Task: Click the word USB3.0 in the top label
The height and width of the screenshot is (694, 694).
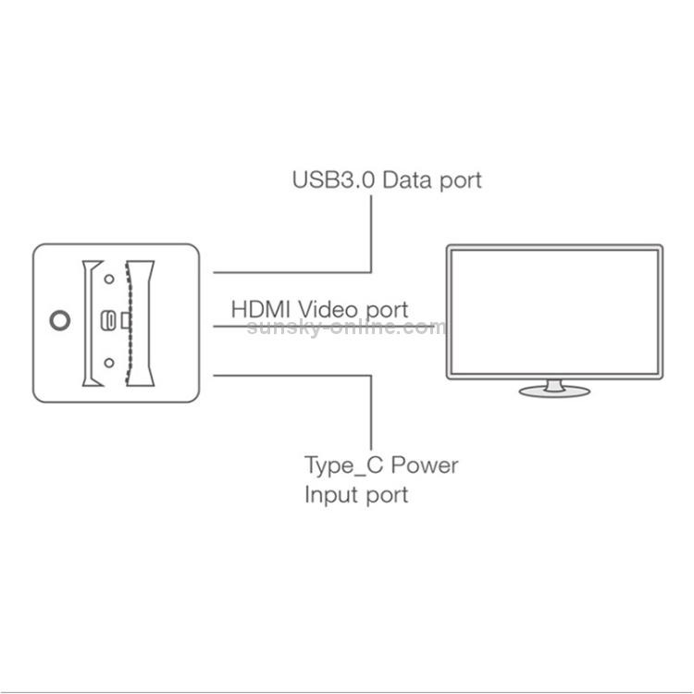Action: pyautogui.click(x=334, y=180)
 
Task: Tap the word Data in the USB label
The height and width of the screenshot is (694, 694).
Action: pyautogui.click(x=407, y=180)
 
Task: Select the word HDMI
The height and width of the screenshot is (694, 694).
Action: pyautogui.click(x=261, y=309)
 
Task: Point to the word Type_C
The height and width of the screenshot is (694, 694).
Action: pyautogui.click(x=344, y=465)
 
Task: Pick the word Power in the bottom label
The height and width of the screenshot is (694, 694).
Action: pyautogui.click(x=425, y=465)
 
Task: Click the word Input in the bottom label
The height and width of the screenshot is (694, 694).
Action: pyautogui.click(x=328, y=495)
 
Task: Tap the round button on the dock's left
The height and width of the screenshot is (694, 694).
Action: pyautogui.click(x=60, y=320)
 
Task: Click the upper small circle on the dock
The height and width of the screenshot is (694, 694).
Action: pyautogui.click(x=109, y=279)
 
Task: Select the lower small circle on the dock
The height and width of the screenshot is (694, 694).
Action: pyautogui.click(x=109, y=363)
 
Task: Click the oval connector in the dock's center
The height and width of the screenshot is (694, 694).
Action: pyautogui.click(x=108, y=320)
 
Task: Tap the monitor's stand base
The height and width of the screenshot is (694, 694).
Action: pyautogui.click(x=554, y=391)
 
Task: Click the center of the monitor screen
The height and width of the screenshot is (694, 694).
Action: pyautogui.click(x=554, y=312)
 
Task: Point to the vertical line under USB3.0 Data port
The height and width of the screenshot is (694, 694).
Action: pyautogui.click(x=371, y=234)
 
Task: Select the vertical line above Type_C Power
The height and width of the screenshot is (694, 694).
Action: pyautogui.click(x=371, y=413)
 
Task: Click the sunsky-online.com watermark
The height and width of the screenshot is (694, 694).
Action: pyautogui.click(x=347, y=327)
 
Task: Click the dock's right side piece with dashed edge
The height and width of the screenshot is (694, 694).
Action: pyautogui.click(x=140, y=324)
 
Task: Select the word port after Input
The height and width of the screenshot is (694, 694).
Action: pyautogui.click(x=386, y=496)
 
